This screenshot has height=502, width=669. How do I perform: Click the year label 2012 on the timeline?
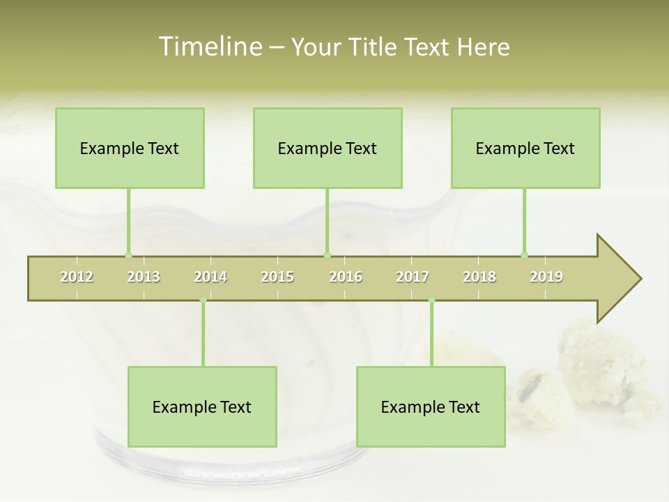pos(77,277)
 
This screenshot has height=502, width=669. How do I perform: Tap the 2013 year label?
pos(144,277)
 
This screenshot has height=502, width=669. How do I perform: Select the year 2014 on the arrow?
pos(210,277)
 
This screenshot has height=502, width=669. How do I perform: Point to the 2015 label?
pos(277,277)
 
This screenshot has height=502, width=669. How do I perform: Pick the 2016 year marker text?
pos(346,277)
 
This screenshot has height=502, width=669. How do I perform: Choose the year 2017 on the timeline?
pos(413,277)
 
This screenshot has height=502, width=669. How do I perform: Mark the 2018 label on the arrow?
pos(479,277)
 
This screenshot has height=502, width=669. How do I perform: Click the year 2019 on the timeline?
pos(546,277)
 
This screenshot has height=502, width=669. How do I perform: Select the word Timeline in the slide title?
pos(209,47)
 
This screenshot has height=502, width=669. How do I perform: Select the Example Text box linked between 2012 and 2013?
pos(130,148)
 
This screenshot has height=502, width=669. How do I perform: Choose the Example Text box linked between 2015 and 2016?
pos(328,148)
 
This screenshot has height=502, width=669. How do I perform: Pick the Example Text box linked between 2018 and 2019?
pos(525,148)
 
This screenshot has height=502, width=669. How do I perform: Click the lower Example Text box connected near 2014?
pos(202,406)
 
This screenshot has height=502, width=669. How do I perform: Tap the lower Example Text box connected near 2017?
pos(431,406)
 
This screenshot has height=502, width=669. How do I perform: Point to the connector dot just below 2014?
pos(203,300)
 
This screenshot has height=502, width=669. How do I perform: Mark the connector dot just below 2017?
pos(431,300)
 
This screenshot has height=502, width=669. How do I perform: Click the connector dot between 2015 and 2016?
pos(327,255)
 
